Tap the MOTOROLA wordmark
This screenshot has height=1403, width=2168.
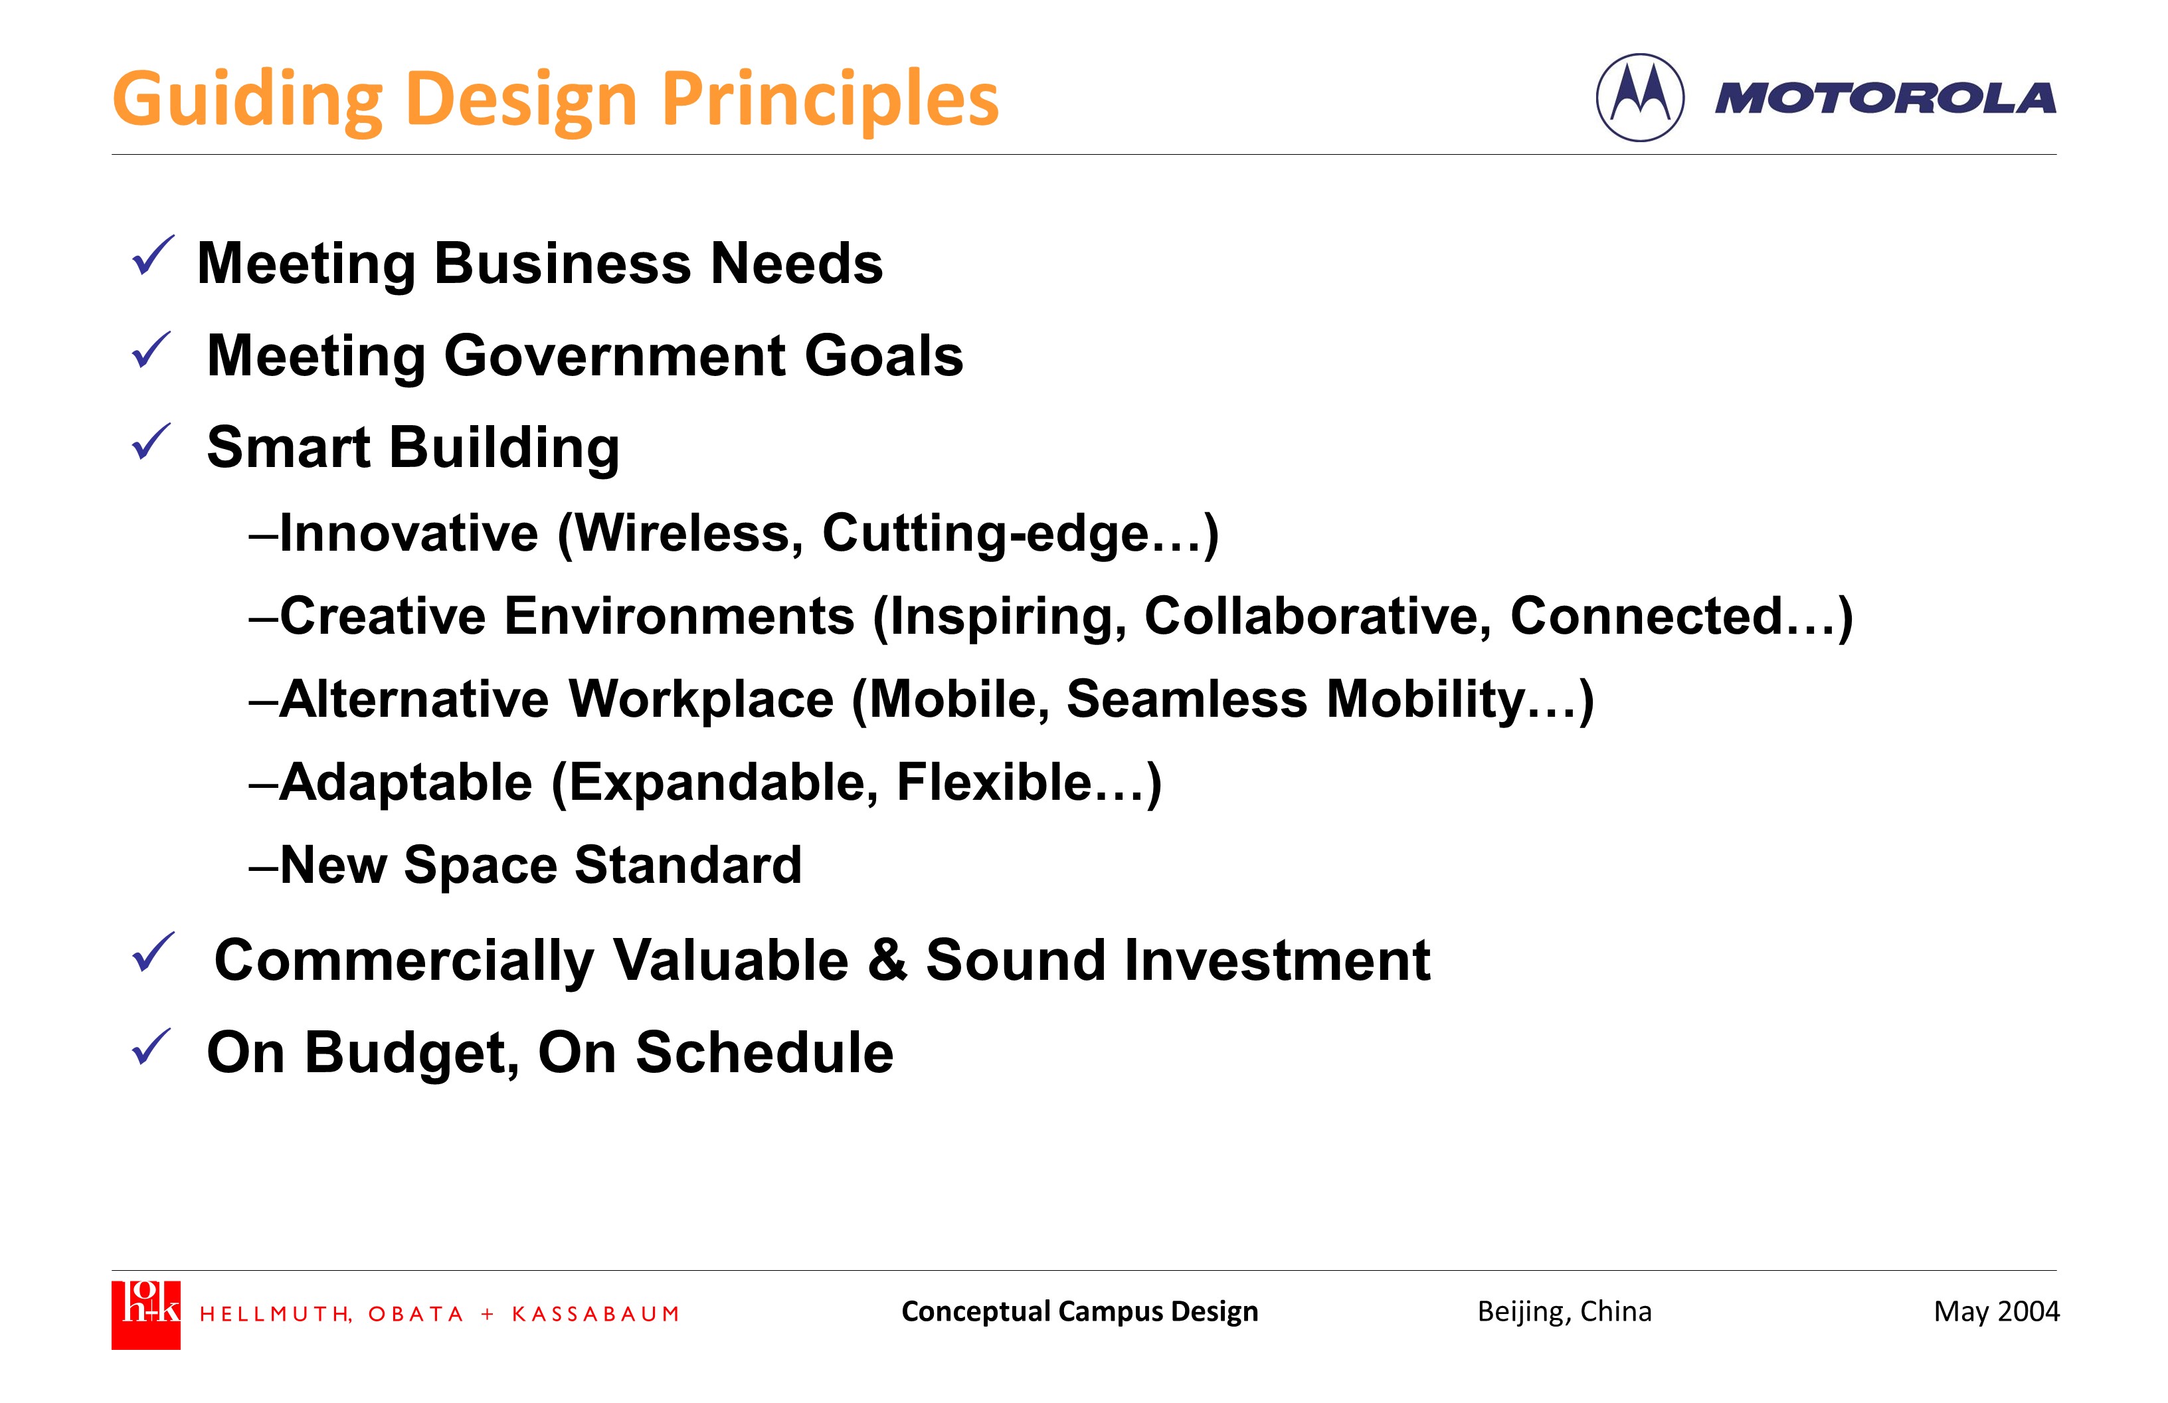point(1886,98)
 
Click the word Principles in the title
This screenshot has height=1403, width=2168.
point(830,100)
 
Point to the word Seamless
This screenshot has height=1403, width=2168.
point(1187,700)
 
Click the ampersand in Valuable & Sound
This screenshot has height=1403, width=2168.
point(887,960)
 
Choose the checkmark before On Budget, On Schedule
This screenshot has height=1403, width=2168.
point(151,1047)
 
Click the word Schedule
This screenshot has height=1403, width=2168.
point(765,1053)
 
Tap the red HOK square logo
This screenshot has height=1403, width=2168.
point(145,1315)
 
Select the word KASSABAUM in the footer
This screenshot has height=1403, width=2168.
point(596,1314)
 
